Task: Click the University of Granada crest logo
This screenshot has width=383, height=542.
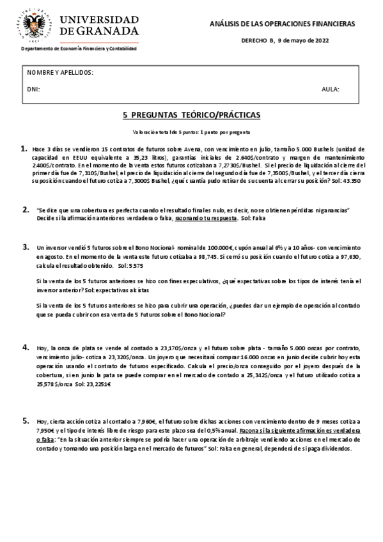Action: [x=37, y=24]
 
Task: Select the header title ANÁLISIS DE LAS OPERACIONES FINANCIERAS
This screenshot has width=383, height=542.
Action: [x=283, y=24]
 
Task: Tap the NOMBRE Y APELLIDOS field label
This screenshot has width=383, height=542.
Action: [x=61, y=73]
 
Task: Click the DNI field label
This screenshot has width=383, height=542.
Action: [x=34, y=89]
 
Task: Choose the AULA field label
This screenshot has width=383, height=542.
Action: [x=331, y=89]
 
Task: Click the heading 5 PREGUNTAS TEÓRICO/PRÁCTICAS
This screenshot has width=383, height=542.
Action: [x=191, y=116]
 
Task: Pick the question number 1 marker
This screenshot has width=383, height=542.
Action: [x=24, y=148]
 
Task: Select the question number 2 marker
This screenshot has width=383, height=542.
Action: [x=25, y=209]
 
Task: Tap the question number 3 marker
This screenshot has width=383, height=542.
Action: [x=25, y=247]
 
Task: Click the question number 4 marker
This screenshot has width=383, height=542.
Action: [x=25, y=347]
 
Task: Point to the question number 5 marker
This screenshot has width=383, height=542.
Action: [x=25, y=421]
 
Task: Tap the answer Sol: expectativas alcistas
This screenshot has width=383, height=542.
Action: [x=110, y=289]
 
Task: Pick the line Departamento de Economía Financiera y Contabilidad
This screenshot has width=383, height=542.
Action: [x=79, y=49]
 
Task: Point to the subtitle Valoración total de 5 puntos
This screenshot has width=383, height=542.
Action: [x=191, y=132]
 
